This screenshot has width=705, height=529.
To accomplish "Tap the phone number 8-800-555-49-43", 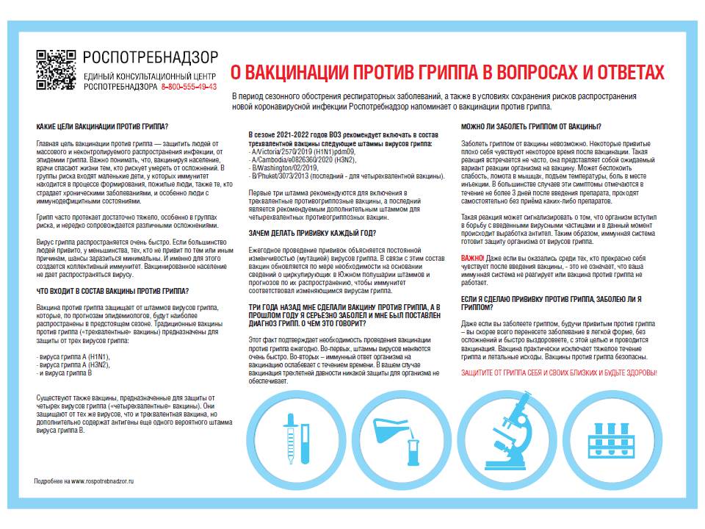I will click(x=189, y=87).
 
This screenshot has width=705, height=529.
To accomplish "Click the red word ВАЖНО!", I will click(x=472, y=259).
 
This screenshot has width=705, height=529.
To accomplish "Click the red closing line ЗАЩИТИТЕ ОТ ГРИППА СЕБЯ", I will click(x=558, y=373).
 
